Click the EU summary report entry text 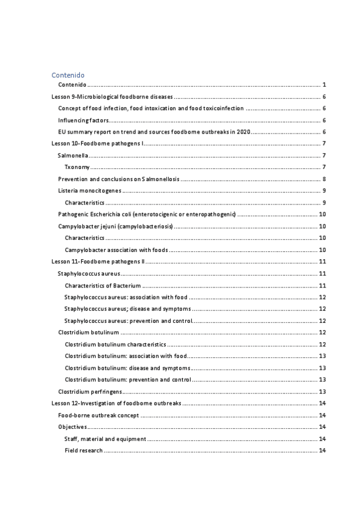pyautogui.click(x=154, y=132)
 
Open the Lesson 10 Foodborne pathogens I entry pyautogui.click(x=96, y=144)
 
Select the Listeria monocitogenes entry pyautogui.click(x=90, y=191)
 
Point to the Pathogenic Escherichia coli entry pyautogui.click(x=147, y=214)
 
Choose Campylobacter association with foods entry pyautogui.click(x=116, y=250)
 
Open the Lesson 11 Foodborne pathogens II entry pyautogui.click(x=97, y=262)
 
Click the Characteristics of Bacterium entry pyautogui.click(x=103, y=285)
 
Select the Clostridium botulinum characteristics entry pyautogui.click(x=115, y=344)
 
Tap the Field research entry pyautogui.click(x=84, y=450)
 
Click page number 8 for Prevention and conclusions pyautogui.click(x=323, y=179)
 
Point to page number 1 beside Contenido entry pyautogui.click(x=323, y=85)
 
